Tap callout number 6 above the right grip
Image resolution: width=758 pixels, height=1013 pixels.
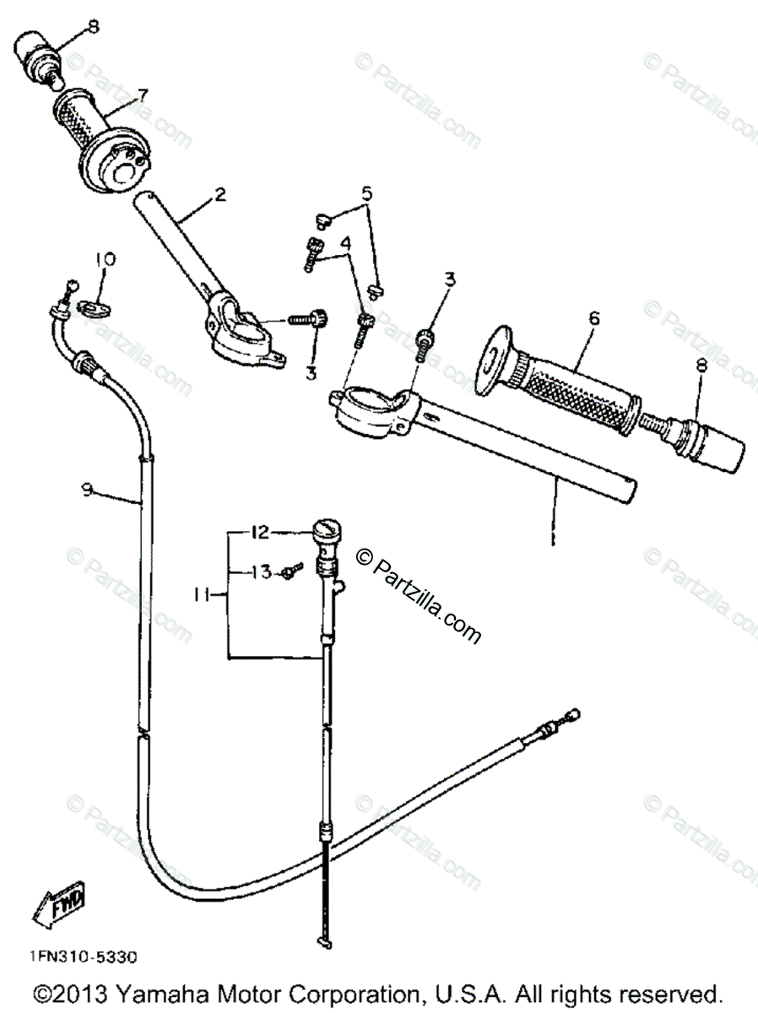tap(594, 318)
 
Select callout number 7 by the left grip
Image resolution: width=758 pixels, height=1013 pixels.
tap(143, 95)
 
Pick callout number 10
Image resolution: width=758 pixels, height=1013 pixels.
tap(103, 258)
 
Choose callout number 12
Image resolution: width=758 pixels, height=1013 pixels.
tap(258, 532)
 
